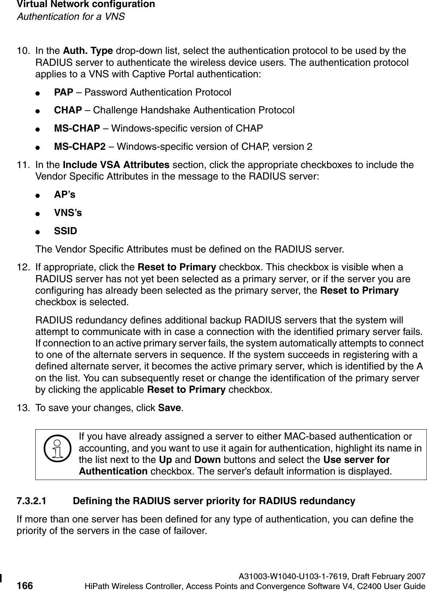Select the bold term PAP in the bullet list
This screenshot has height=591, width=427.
pyautogui.click(x=63, y=92)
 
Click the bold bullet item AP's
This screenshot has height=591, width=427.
pyautogui.click(x=65, y=195)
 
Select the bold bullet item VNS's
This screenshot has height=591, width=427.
pyautogui.click(x=68, y=213)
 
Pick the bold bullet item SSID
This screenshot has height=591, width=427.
pyautogui.click(x=65, y=231)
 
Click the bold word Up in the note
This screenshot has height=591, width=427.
pyautogui.click(x=165, y=460)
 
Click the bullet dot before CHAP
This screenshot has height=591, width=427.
pyautogui.click(x=37, y=111)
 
